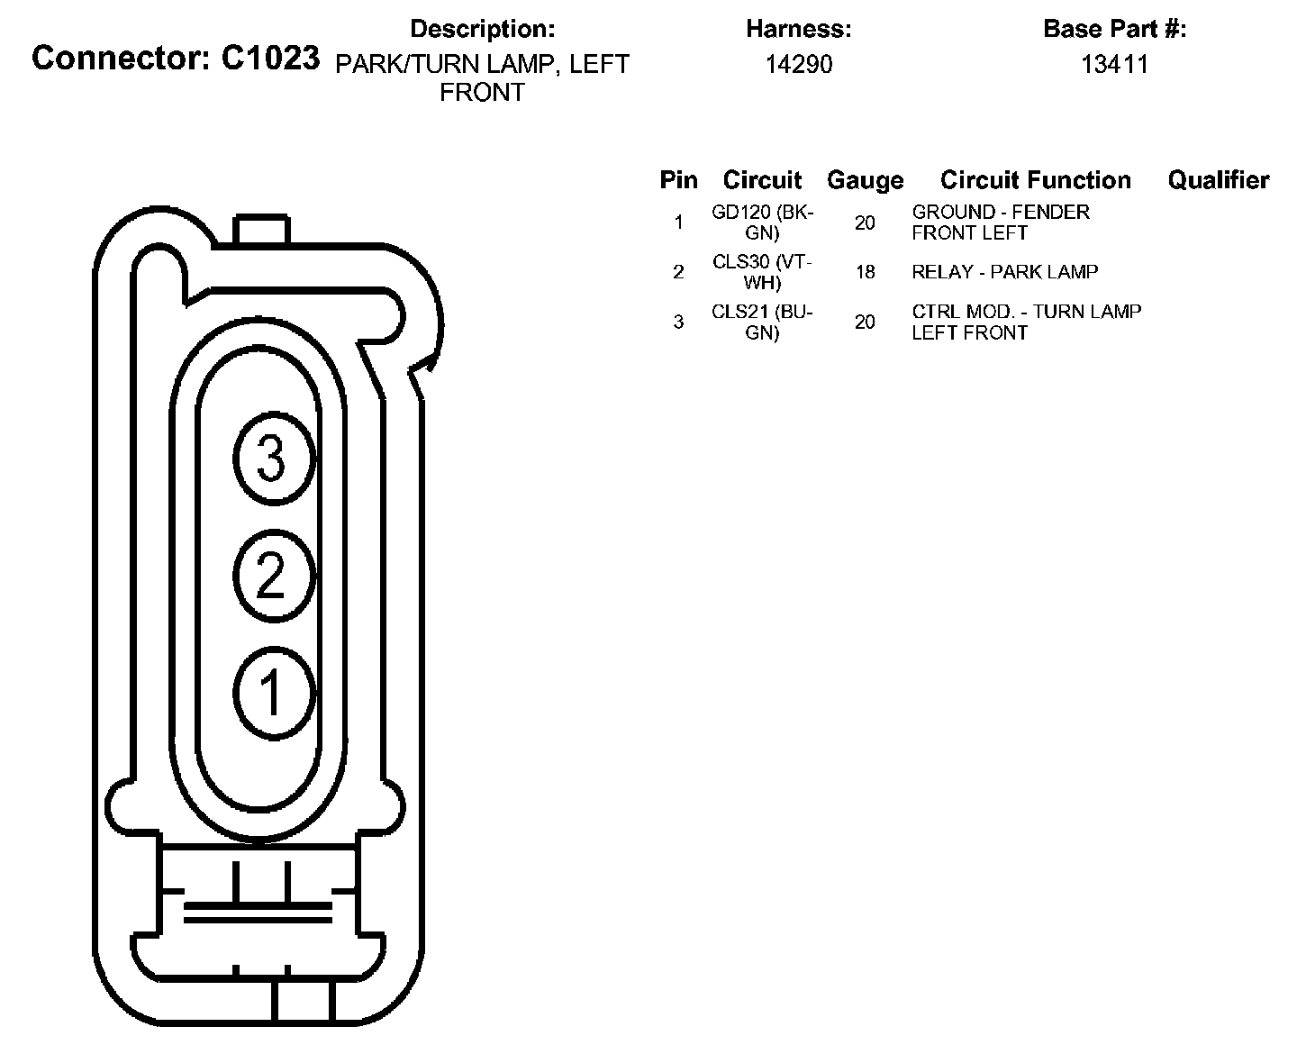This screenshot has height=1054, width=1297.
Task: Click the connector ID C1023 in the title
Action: point(269,58)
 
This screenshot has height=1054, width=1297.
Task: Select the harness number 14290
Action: point(798,64)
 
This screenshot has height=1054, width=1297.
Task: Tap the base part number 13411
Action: point(1114,64)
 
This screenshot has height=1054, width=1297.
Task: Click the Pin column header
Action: point(678,180)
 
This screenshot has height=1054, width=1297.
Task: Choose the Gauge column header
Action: point(866,181)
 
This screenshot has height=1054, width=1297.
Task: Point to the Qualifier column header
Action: point(1219,180)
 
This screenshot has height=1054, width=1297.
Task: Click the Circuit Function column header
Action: point(1035,180)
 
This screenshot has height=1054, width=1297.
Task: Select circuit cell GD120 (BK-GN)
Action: point(762,223)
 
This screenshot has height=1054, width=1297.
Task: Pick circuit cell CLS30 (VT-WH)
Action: point(762,272)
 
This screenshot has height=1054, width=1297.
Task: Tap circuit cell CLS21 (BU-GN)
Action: point(762,323)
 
